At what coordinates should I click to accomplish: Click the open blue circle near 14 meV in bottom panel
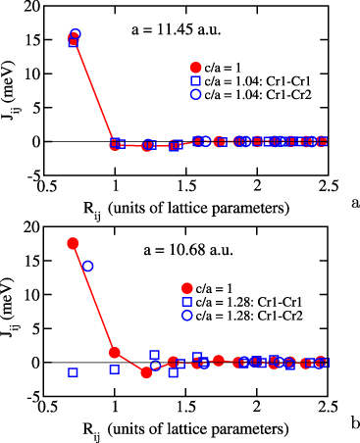pyautogui.click(x=87, y=266)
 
